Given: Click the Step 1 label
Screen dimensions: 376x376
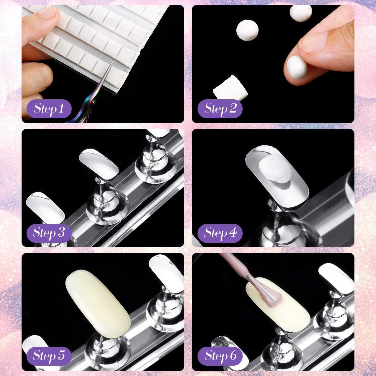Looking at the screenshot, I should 49,109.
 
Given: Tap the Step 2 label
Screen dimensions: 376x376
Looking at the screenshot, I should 220,109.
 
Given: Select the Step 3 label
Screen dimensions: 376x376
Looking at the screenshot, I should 49,232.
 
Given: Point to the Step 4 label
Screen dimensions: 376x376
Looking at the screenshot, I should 220,232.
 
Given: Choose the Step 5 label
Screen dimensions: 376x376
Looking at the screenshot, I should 49,356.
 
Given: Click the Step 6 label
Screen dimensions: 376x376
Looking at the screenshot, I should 220,356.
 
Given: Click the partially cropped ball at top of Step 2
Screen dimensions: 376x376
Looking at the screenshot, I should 301,11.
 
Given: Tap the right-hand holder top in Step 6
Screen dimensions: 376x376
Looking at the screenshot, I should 336,276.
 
